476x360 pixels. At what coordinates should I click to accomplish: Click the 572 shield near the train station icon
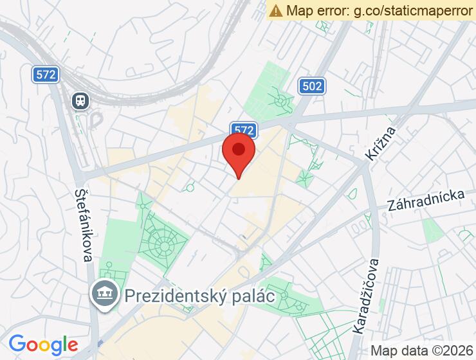(x=46, y=75)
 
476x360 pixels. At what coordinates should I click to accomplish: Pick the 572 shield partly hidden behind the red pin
(x=244, y=129)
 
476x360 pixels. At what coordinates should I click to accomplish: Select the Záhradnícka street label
(x=425, y=201)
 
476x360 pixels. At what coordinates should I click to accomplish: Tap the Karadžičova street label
(x=365, y=296)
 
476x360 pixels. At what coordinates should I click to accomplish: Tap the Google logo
(x=42, y=345)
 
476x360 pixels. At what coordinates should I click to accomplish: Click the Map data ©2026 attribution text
(x=422, y=351)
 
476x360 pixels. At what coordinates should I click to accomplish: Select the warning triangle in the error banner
(x=277, y=10)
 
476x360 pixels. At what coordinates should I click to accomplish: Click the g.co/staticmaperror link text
(x=403, y=10)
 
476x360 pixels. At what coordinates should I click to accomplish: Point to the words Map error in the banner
(x=315, y=10)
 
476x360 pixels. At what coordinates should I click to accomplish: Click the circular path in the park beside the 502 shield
(x=281, y=100)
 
